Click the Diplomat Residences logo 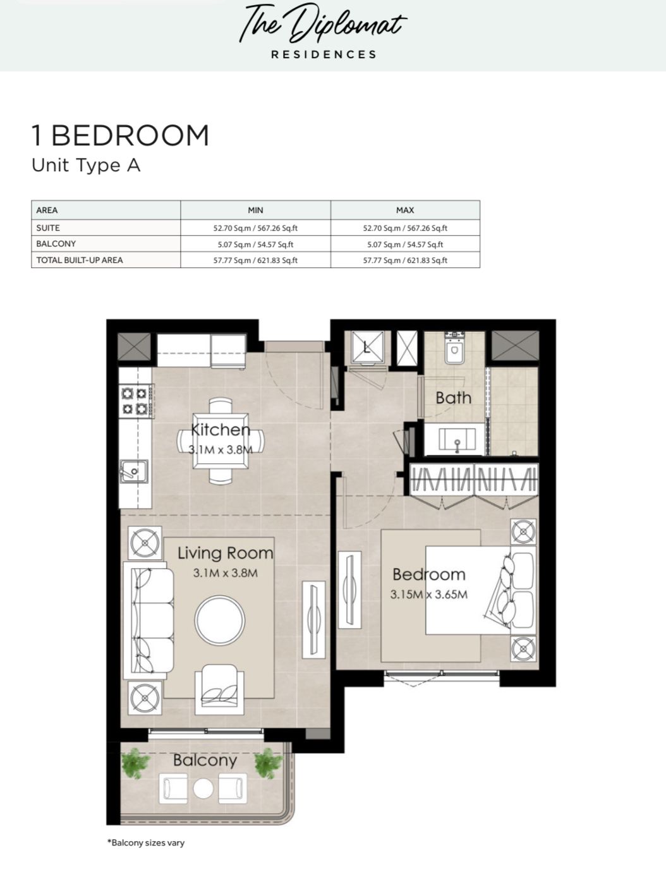tap(323, 31)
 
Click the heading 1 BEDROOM tap(121, 136)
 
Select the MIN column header tap(255, 210)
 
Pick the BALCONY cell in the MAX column tap(405, 245)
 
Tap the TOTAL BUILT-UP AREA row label tap(80, 260)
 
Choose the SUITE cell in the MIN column tap(255, 228)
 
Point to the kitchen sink tap(133, 471)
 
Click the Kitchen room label tap(221, 430)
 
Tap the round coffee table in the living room tap(219, 621)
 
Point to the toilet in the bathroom tap(454, 348)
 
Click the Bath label tap(453, 398)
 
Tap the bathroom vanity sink tap(457, 440)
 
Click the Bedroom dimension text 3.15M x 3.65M tap(428, 595)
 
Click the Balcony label tap(205, 760)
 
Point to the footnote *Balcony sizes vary tap(146, 843)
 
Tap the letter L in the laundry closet tap(366, 347)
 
